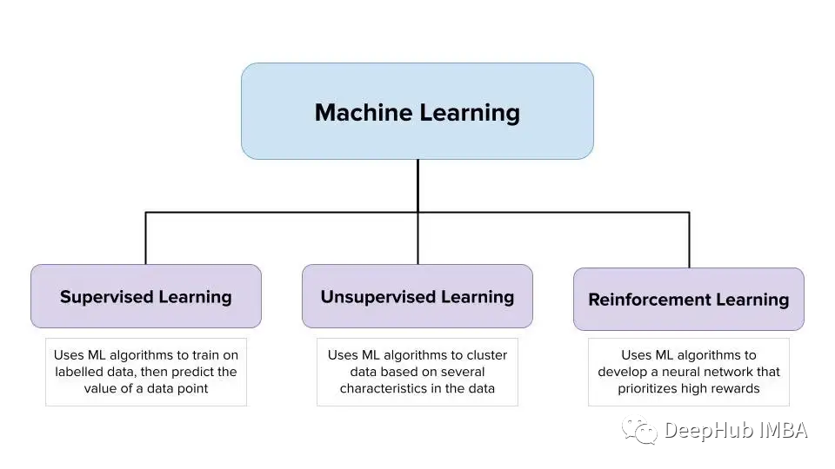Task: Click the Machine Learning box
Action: click(417, 111)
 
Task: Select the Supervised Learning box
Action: click(146, 296)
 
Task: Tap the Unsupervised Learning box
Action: click(417, 296)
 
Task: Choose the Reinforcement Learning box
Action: click(689, 300)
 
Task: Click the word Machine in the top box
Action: click(364, 113)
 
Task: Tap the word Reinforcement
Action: click(649, 300)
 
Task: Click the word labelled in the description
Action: click(76, 372)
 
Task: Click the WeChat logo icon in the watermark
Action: click(640, 430)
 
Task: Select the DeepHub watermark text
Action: click(708, 430)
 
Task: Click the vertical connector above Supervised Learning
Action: click(146, 238)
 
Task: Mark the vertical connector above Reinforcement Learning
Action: click(689, 240)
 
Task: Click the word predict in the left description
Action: click(178, 373)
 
